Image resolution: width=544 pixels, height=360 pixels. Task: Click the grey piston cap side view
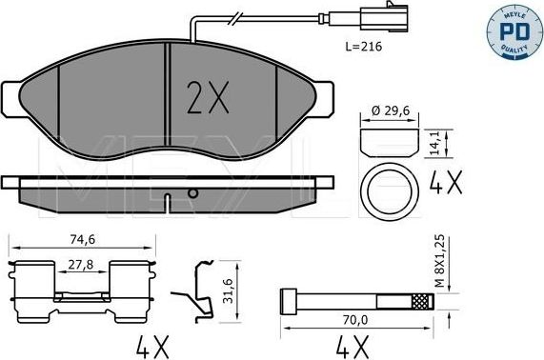389,144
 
